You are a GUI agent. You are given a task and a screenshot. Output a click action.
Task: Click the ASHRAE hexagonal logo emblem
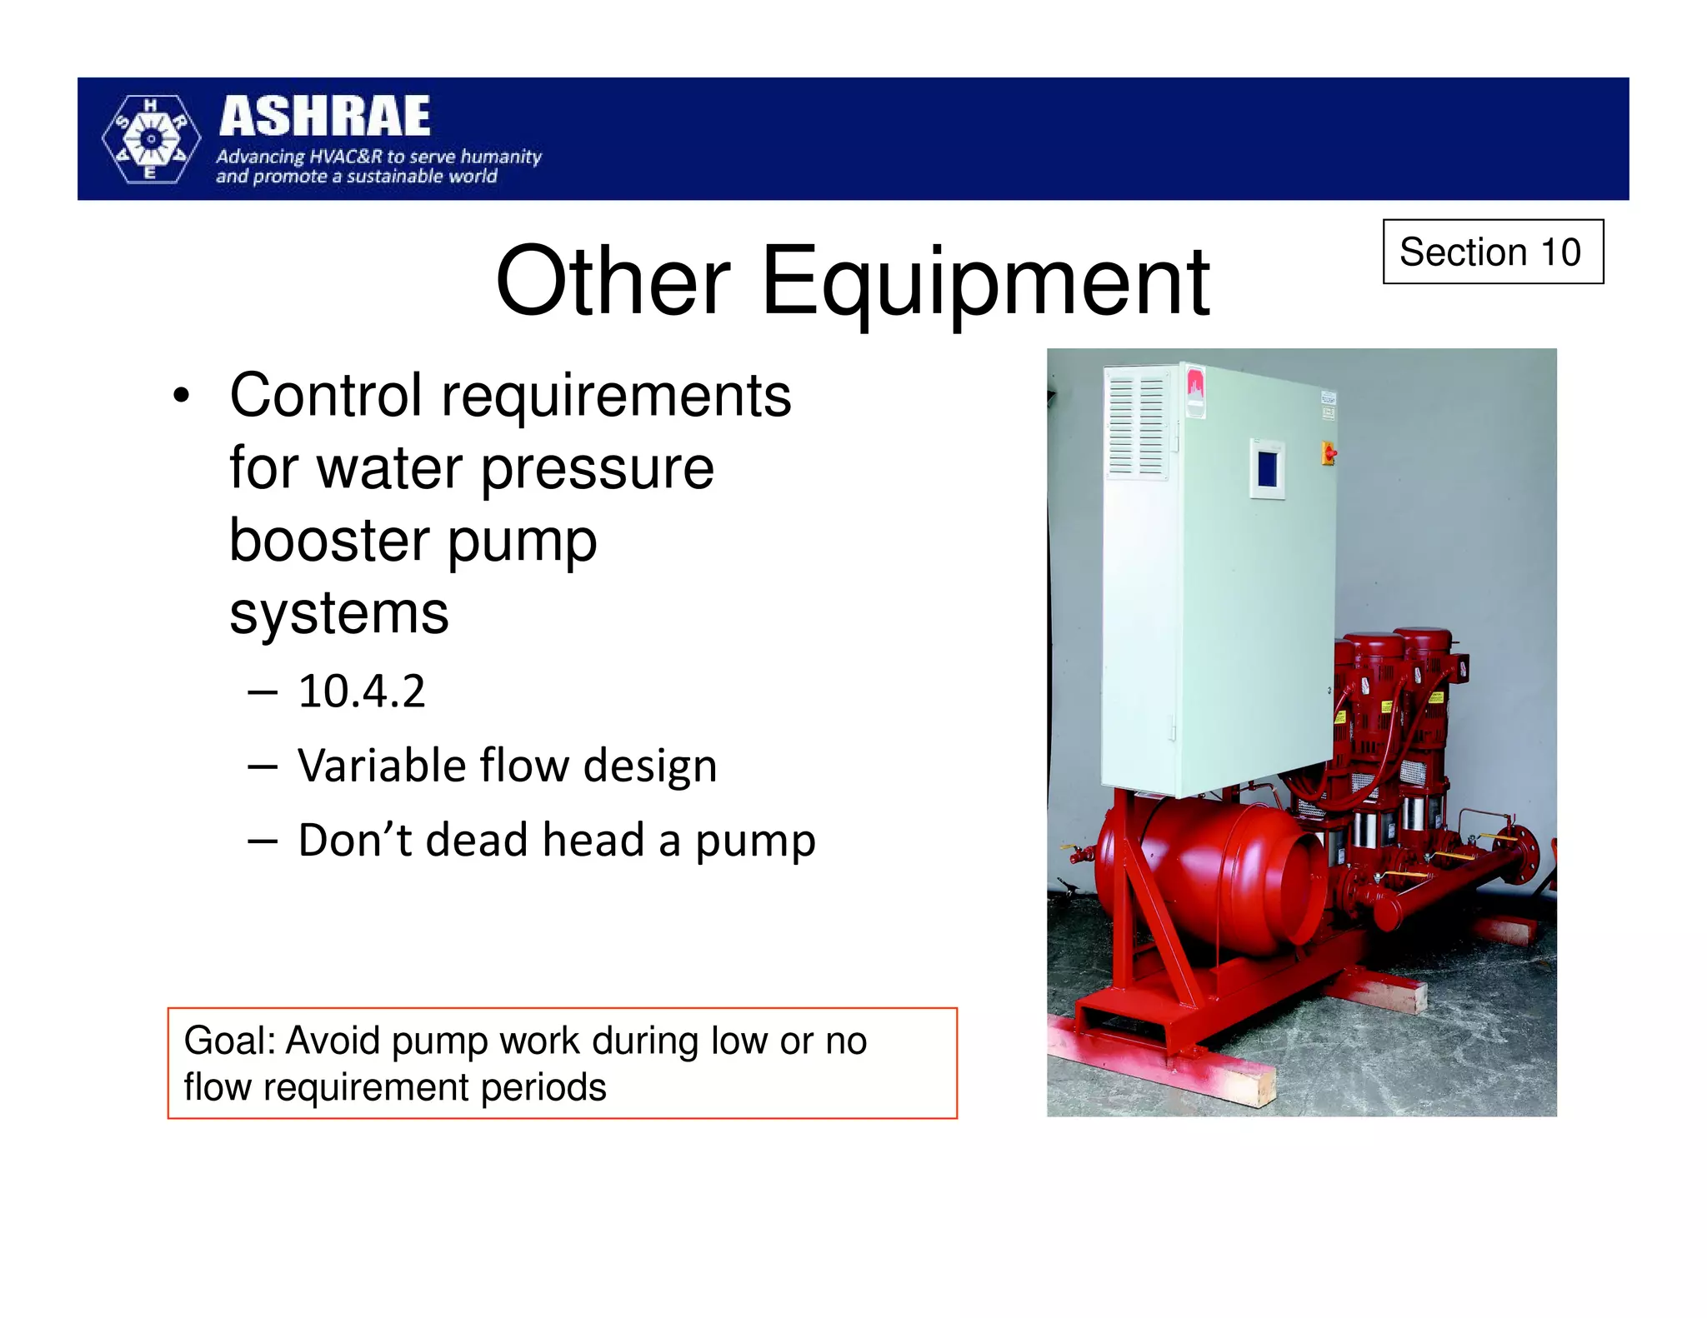click(x=151, y=139)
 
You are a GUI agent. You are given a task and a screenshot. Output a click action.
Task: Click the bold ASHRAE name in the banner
click(x=325, y=117)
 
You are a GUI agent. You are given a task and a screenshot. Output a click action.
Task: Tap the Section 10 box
click(x=1492, y=252)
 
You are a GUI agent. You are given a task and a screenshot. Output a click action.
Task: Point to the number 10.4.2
click(x=362, y=691)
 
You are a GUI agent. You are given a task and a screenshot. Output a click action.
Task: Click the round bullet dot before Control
click(x=181, y=396)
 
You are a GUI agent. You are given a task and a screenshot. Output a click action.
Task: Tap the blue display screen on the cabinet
click(x=1267, y=467)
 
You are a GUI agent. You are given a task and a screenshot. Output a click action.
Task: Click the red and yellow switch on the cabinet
click(x=1329, y=453)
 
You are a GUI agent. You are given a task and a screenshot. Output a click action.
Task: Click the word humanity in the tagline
click(x=501, y=157)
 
